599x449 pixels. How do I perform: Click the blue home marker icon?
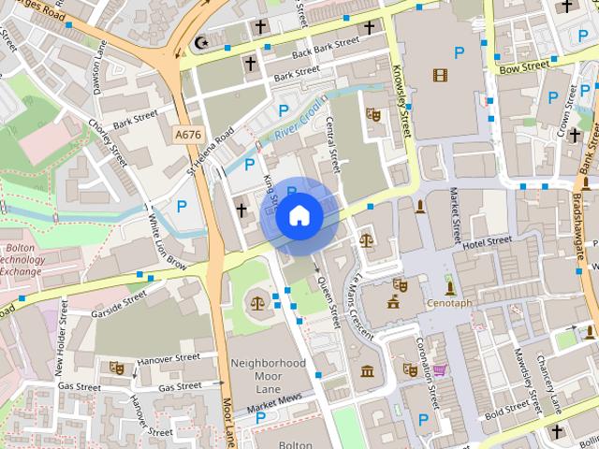tap(299, 216)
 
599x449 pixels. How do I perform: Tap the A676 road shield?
tap(188, 136)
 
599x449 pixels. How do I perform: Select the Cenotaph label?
tap(449, 304)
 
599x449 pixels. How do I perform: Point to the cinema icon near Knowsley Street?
tap(440, 75)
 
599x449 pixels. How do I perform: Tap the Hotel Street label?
tap(488, 242)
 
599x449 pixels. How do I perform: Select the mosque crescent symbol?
tap(199, 42)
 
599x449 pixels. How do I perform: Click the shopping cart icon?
tap(439, 369)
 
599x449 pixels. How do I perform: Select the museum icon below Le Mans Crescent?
tap(367, 372)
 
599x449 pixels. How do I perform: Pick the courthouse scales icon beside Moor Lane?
tap(257, 303)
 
